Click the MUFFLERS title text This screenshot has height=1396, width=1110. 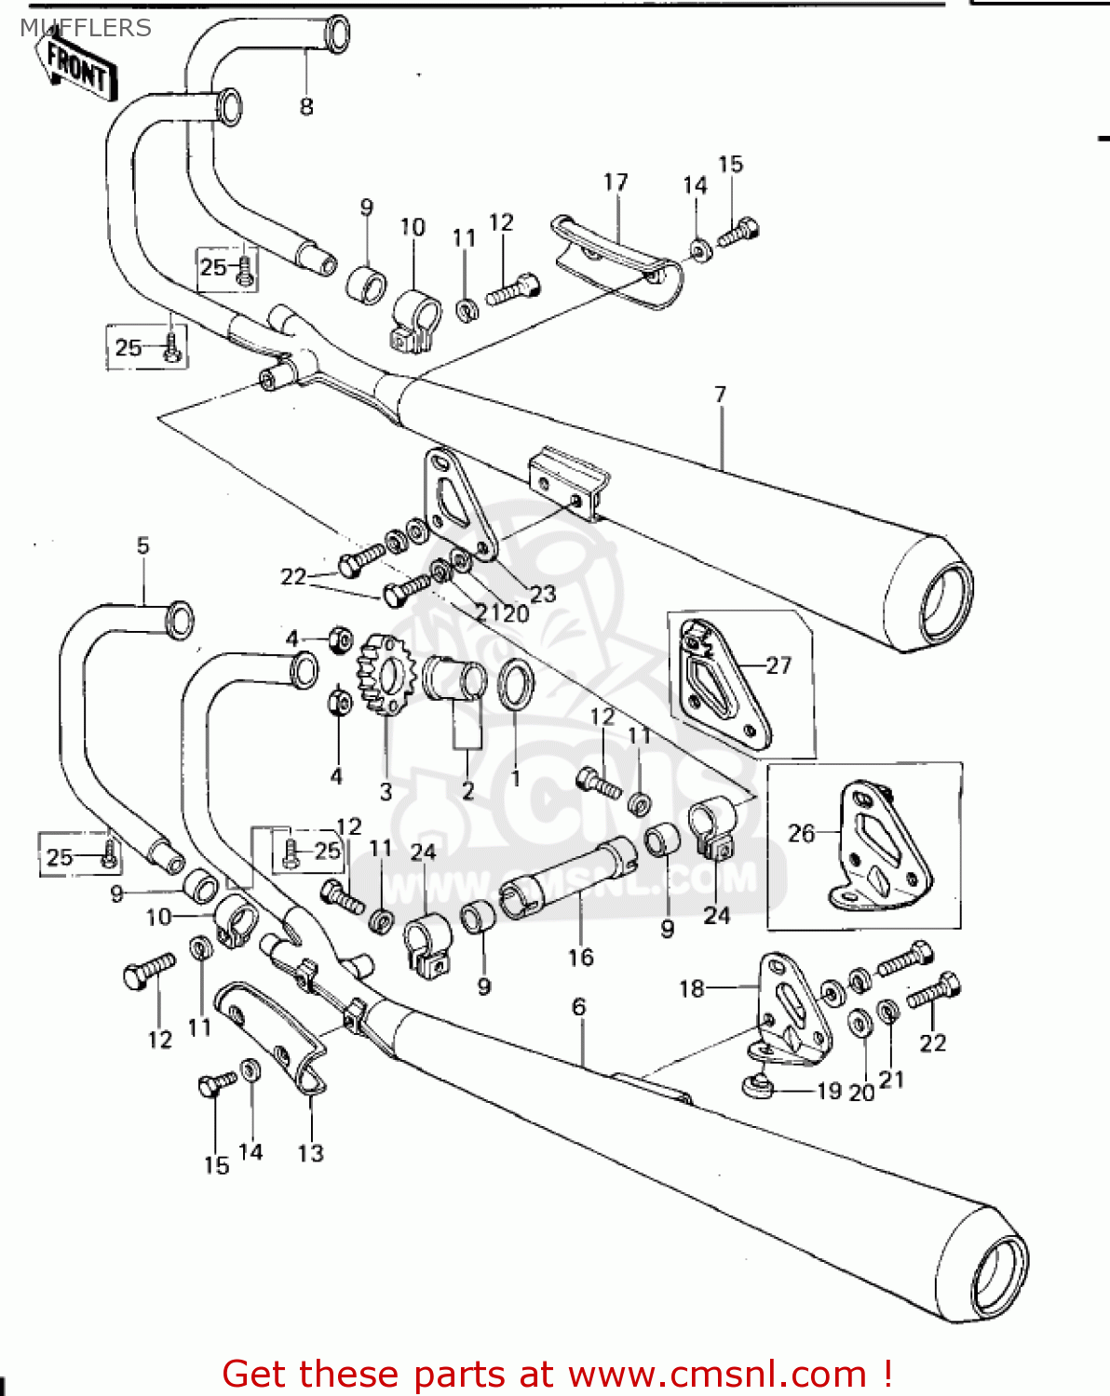(86, 28)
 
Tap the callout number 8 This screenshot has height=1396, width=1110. (306, 107)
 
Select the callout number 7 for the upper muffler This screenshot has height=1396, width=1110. (720, 395)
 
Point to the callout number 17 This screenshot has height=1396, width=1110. (616, 182)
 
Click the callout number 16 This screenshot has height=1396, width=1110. (580, 957)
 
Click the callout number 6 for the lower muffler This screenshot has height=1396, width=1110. (579, 1007)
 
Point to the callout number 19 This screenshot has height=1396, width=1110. (829, 1091)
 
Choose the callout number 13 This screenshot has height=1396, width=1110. (310, 1153)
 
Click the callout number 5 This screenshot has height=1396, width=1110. (142, 545)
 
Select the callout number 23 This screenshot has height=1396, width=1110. (542, 593)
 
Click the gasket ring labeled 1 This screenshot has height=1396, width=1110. (517, 684)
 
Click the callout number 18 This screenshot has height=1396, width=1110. (692, 988)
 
